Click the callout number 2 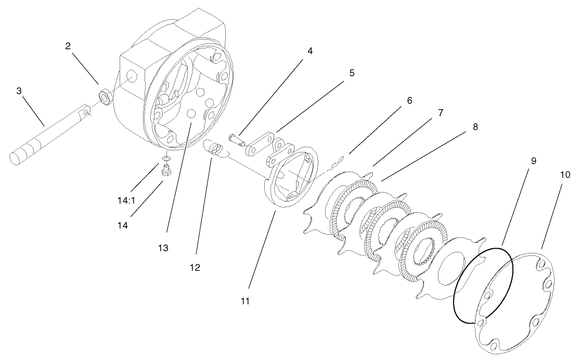coord(68,46)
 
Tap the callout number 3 coord(19,91)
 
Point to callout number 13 coord(163,248)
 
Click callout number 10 coord(565,175)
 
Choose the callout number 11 coord(245,301)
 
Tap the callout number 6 coord(409,100)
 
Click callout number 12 coord(196,267)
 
